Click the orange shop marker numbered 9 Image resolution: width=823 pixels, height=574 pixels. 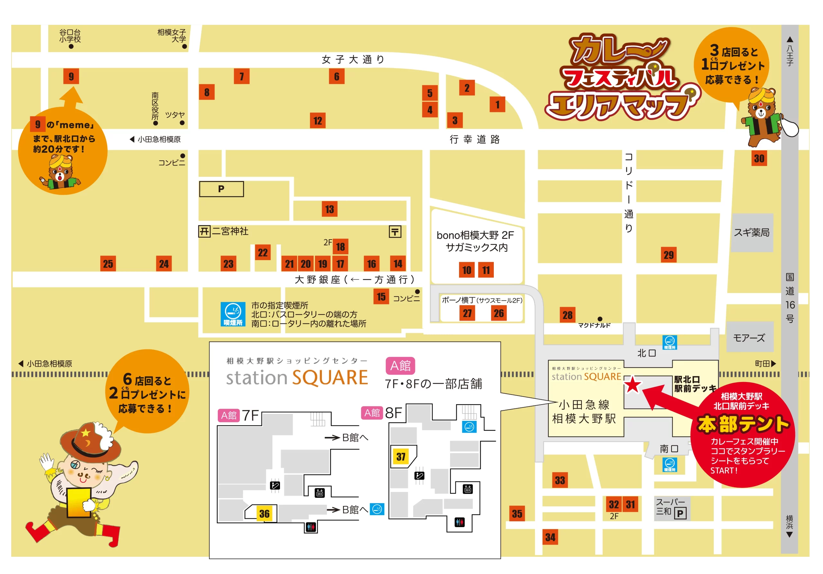(71, 76)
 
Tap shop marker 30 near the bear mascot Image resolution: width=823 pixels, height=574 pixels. (759, 159)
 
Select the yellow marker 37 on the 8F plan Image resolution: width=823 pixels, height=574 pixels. (401, 456)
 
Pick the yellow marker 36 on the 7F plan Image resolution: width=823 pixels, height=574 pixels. (265, 514)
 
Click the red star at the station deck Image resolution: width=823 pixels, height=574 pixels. (633, 385)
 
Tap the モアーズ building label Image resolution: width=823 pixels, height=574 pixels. (749, 338)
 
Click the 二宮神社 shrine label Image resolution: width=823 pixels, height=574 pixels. (230, 231)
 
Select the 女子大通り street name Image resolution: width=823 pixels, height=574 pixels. (353, 59)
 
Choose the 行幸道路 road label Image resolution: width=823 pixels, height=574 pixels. (475, 140)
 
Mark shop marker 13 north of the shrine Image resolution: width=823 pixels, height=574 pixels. (330, 209)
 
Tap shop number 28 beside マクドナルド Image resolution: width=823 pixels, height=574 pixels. (567, 315)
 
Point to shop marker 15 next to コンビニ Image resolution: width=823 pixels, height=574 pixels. (381, 296)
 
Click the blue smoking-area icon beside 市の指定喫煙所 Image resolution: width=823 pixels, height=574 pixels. (233, 314)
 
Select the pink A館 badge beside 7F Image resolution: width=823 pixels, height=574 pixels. (229, 415)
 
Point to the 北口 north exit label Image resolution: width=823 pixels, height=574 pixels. (646, 353)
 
